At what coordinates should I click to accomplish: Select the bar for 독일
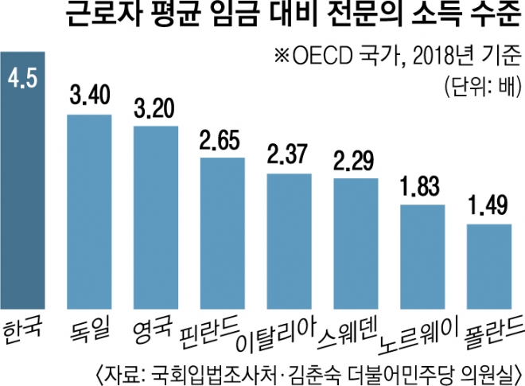tap(89, 211)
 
